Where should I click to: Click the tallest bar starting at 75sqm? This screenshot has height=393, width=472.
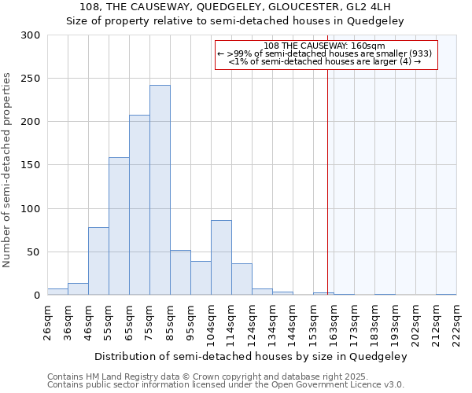click(160, 190)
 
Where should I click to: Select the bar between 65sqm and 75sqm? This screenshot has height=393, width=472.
click(139, 205)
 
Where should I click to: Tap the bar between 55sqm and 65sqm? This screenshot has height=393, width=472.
click(119, 226)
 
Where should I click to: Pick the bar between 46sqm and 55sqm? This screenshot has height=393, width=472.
click(98, 261)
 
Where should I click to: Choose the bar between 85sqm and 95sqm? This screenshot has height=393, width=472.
click(180, 273)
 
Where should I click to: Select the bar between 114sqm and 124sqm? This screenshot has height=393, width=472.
click(242, 279)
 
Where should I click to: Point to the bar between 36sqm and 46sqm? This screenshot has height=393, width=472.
click(78, 289)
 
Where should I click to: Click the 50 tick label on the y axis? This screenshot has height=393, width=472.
click(33, 252)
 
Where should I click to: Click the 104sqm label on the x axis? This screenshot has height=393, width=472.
click(211, 321)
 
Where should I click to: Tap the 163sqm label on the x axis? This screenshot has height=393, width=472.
click(334, 321)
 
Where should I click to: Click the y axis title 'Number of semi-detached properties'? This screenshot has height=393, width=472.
click(8, 170)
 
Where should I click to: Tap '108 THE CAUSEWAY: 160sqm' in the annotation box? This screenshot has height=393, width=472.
click(325, 46)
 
